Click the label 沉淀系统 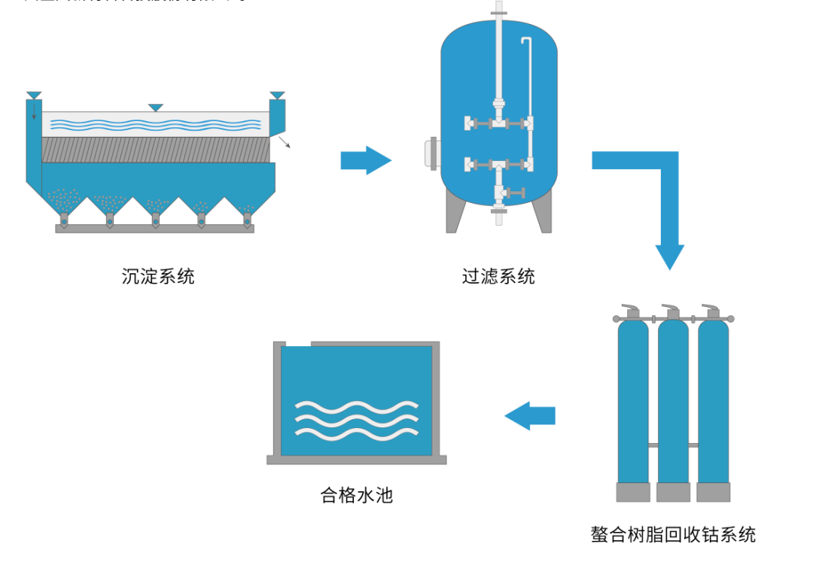[x=158, y=277]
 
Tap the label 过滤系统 [x=498, y=277]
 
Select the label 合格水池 [x=357, y=496]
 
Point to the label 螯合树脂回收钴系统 [x=673, y=535]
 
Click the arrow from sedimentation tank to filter [x=366, y=160]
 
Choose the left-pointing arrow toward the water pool [x=530, y=415]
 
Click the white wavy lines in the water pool [x=356, y=418]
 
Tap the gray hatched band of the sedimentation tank [x=154, y=150]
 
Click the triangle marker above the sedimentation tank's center [x=155, y=108]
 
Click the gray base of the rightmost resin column [x=713, y=492]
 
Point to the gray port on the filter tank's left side [x=434, y=153]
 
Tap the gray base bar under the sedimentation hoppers [x=154, y=228]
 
